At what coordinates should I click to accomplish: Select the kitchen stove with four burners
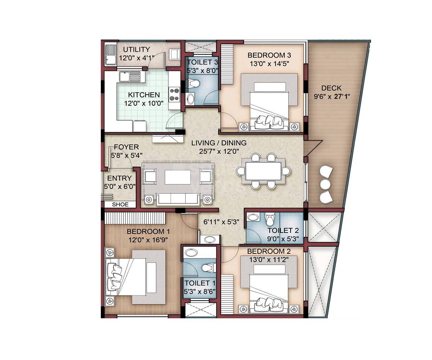click(174, 94)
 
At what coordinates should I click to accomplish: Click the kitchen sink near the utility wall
click(129, 76)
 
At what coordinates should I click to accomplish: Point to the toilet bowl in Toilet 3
click(194, 84)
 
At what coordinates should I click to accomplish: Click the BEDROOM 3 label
click(269, 55)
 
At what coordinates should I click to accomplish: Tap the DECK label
click(331, 88)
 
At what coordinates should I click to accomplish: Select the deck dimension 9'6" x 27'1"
click(331, 96)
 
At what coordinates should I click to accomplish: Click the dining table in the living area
click(263, 171)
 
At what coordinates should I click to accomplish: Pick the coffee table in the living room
click(177, 177)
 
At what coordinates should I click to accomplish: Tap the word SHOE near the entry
click(120, 204)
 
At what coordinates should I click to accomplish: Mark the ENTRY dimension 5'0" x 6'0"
click(120, 186)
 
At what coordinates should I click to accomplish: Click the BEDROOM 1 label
click(148, 231)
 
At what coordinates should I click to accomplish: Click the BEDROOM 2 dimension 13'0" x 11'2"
click(269, 259)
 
